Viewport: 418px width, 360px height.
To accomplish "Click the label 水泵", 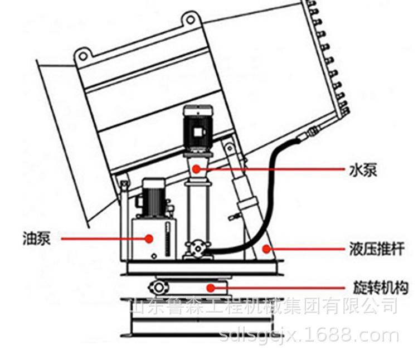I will (362, 169).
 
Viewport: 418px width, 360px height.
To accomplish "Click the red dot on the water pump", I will (197, 168).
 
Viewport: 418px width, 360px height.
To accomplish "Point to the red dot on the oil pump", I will (149, 239).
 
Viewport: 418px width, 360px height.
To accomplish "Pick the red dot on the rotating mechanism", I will (210, 288).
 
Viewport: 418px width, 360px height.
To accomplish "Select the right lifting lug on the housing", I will (189, 20).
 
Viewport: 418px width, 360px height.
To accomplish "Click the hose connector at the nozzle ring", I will (313, 132).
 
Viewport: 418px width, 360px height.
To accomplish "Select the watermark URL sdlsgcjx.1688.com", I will (309, 335).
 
